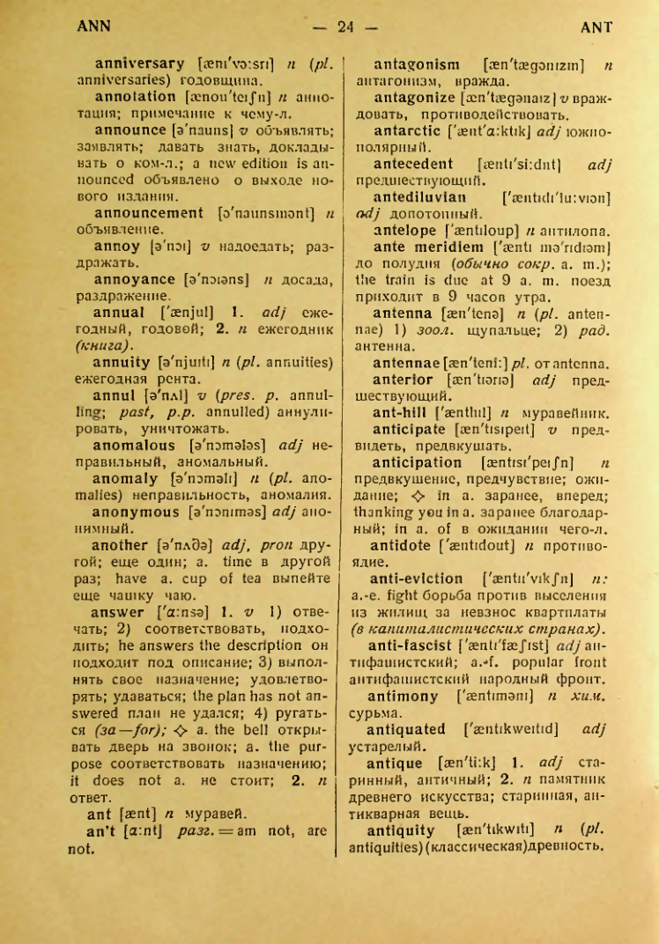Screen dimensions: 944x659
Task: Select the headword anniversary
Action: tap(139, 63)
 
